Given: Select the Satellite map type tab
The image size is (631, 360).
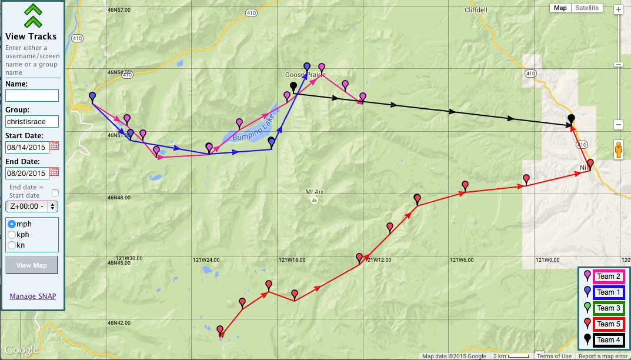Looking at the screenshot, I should click(587, 8).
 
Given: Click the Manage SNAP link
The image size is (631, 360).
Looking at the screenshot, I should click(33, 296).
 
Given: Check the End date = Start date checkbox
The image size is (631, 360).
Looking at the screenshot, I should click(55, 192).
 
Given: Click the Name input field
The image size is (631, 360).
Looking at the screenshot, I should click(32, 95).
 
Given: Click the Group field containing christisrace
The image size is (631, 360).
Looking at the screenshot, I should click(32, 121).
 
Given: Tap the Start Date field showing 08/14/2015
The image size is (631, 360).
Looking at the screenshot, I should click(26, 146).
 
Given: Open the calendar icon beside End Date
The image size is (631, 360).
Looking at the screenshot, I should click(54, 172).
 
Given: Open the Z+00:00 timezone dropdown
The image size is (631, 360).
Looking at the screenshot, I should click(32, 206).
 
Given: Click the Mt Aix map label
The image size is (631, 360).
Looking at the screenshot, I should click(315, 192).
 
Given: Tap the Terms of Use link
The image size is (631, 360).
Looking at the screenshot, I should click(554, 356).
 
